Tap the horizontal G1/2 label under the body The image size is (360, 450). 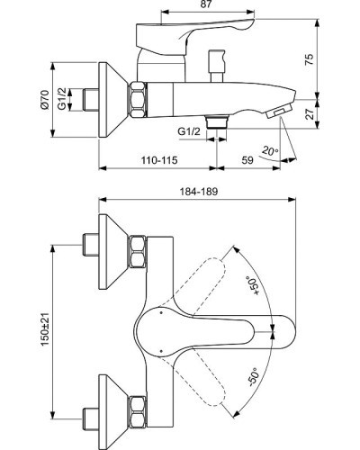pyautogui.click(x=188, y=131)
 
